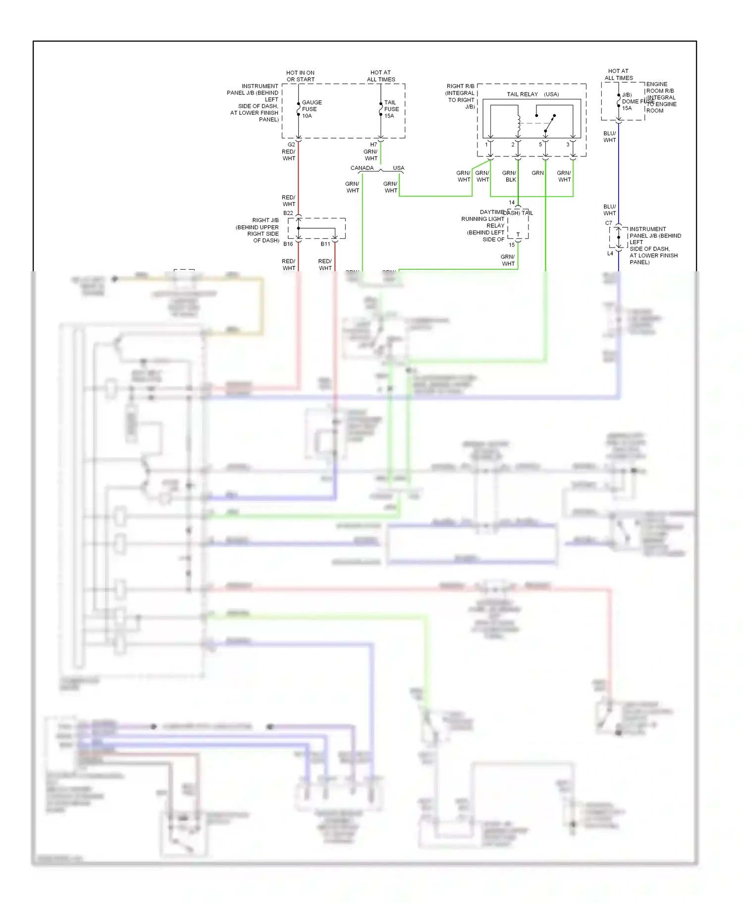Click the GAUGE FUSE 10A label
[311, 109]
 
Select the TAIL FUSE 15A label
[391, 109]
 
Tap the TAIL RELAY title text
[522, 94]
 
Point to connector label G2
[291, 145]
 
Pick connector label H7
[373, 145]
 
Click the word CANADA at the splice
[362, 168]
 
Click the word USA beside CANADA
[398, 168]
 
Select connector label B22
[288, 213]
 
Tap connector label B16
[288, 244]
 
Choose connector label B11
[325, 244]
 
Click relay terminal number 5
[540, 145]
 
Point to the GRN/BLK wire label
[510, 176]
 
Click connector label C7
[608, 223]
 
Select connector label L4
[610, 253]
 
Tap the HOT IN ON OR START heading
[300, 76]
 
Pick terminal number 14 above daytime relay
[512, 202]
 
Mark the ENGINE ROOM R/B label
[659, 88]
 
